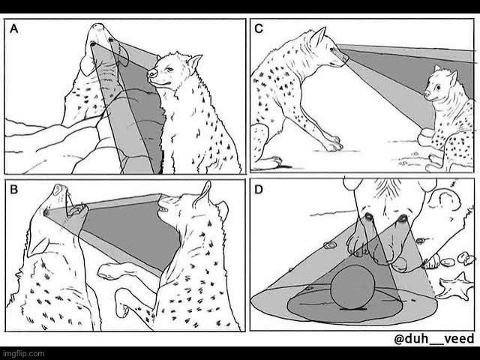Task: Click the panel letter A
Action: pyautogui.click(x=14, y=28)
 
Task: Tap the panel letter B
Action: pyautogui.click(x=14, y=190)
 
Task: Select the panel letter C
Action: pyautogui.click(x=259, y=28)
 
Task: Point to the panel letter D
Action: pyautogui.click(x=259, y=190)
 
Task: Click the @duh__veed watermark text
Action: pyautogui.click(x=434, y=339)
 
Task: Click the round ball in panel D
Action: pyautogui.click(x=352, y=286)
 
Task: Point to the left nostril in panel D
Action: pyautogui.click(x=369, y=217)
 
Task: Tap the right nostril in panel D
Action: pyautogui.click(x=403, y=218)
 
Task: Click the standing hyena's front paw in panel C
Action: pyautogui.click(x=332, y=145)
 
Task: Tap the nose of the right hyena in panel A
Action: pyautogui.click(x=152, y=73)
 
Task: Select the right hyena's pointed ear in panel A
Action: pyautogui.click(x=195, y=63)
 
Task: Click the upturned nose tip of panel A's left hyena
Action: pyautogui.click(x=98, y=27)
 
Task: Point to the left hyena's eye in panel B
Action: pyautogui.click(x=46, y=212)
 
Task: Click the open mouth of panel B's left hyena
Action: pyautogui.click(x=76, y=210)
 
